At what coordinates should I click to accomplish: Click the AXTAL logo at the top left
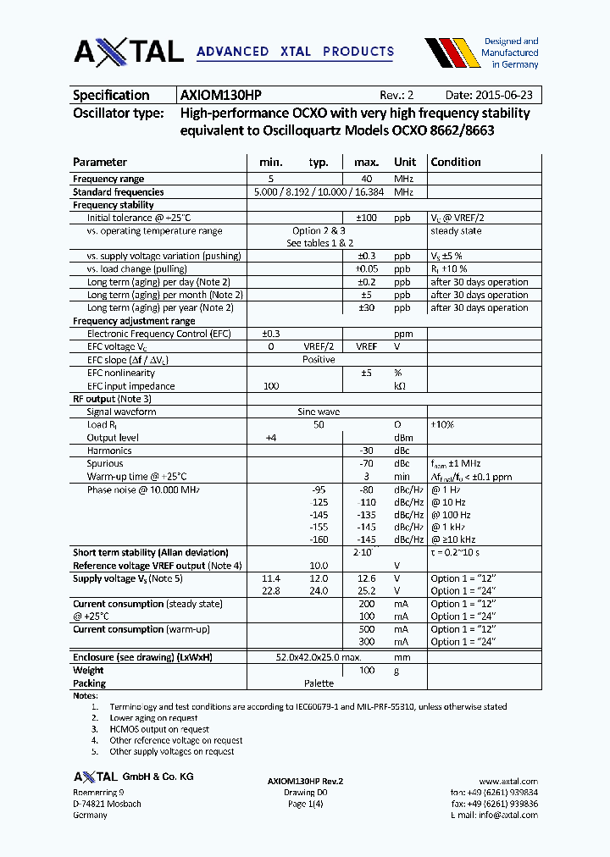point(128,52)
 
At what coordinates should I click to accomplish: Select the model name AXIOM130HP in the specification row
point(226,96)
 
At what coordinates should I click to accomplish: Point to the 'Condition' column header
point(456,162)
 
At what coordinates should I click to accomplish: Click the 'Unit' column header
point(405,162)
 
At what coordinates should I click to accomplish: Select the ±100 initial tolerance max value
point(365,218)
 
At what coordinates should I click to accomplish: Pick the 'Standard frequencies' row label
point(119,192)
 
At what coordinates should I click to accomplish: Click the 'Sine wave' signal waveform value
point(319,412)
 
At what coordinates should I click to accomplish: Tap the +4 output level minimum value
point(271,438)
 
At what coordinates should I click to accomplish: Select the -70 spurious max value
point(366,463)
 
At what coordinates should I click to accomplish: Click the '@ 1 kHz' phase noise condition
point(450,528)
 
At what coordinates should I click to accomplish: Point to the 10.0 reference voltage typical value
point(319,566)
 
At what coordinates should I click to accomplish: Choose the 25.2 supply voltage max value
point(366,591)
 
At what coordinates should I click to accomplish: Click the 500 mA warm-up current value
point(366,629)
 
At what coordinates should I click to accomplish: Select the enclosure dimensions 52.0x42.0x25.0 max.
point(319,657)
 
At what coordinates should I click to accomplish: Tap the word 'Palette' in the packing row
point(319,683)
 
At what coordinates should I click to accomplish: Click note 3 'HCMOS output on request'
point(159,728)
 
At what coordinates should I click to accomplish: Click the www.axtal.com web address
point(508,782)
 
